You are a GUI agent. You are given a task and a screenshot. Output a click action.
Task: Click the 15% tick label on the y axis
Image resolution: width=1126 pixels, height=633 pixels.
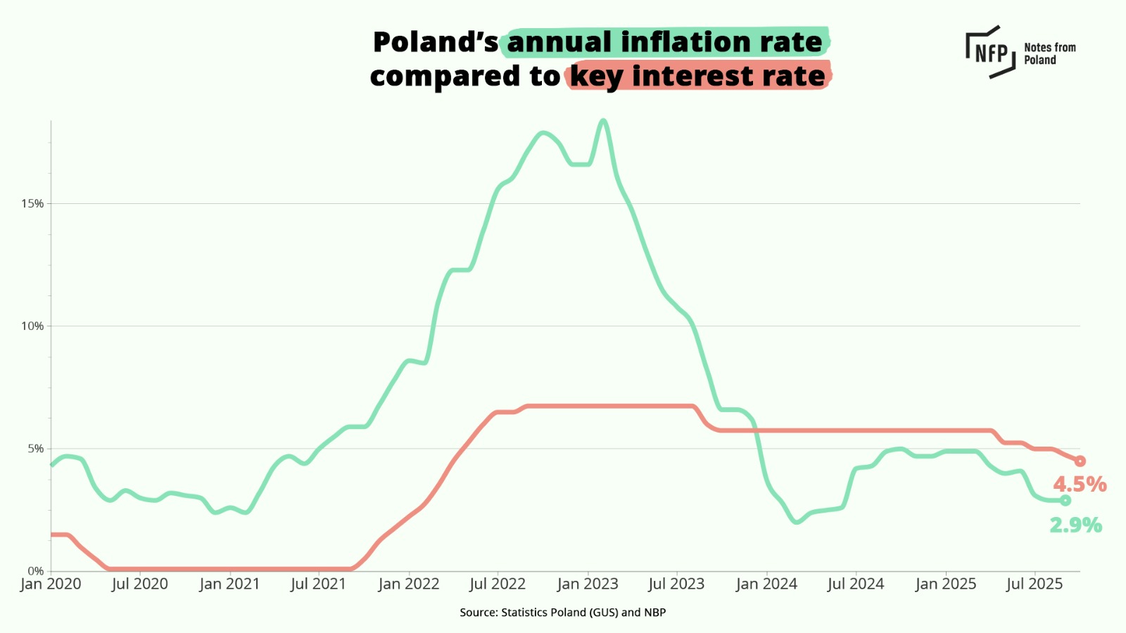(x=32, y=204)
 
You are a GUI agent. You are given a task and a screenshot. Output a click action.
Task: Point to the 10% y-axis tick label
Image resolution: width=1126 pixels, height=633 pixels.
(x=32, y=326)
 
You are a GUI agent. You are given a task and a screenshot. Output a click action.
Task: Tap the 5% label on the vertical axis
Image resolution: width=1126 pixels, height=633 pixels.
(x=35, y=449)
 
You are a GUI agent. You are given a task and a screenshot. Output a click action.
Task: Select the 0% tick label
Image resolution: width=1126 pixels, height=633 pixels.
(x=35, y=571)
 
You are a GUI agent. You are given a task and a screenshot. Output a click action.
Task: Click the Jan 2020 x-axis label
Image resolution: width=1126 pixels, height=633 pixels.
(x=51, y=584)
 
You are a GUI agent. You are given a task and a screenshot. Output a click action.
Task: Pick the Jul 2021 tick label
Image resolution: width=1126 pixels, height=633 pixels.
(x=318, y=584)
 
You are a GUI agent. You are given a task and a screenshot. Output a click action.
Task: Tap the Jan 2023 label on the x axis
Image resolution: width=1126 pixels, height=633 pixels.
(x=588, y=584)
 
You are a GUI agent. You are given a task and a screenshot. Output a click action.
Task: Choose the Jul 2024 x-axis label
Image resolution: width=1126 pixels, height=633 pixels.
(x=856, y=584)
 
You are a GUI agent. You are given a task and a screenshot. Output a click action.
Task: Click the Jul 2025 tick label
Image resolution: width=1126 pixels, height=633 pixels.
(x=1035, y=584)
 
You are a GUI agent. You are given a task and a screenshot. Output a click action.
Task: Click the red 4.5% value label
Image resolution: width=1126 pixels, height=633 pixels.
(x=1080, y=485)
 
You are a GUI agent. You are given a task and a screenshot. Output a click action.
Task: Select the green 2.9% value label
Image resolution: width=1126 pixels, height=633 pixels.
(x=1075, y=525)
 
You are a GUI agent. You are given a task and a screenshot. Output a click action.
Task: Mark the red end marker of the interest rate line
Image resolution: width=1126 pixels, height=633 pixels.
(x=1080, y=461)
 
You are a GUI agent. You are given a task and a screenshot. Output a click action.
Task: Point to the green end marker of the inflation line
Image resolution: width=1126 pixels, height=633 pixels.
(x=1065, y=500)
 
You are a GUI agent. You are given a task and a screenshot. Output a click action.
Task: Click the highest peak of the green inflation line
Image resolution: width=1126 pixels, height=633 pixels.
(x=603, y=121)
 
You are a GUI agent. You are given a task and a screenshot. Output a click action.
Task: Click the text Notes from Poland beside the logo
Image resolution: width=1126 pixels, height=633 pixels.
(x=1049, y=53)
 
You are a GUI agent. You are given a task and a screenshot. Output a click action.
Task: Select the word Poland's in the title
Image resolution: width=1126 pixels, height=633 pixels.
(x=435, y=42)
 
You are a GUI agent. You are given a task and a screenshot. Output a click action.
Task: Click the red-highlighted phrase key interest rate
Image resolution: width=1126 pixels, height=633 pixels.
(x=697, y=76)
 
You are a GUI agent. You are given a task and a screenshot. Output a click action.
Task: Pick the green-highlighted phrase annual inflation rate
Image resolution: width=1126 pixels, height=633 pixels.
(x=665, y=42)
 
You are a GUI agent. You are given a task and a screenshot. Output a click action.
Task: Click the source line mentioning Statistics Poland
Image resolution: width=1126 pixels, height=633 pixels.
(x=562, y=613)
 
